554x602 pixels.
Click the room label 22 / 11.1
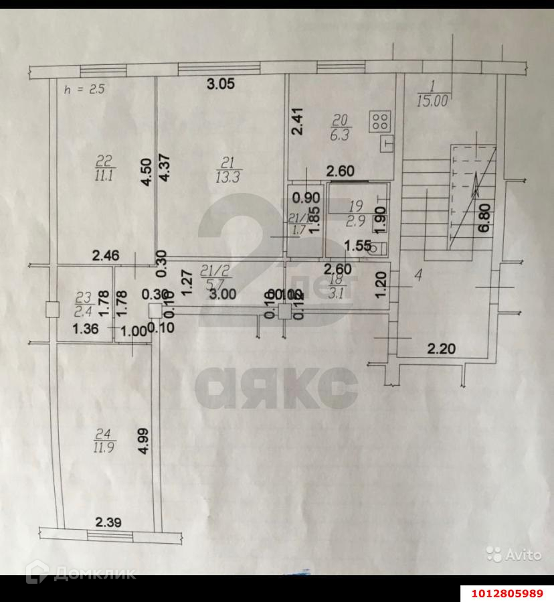(104, 167)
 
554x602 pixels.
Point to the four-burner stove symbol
(380, 121)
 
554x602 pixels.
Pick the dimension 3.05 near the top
(220, 84)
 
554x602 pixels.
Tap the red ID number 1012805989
(506, 593)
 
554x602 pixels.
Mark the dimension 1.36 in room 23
(85, 329)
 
